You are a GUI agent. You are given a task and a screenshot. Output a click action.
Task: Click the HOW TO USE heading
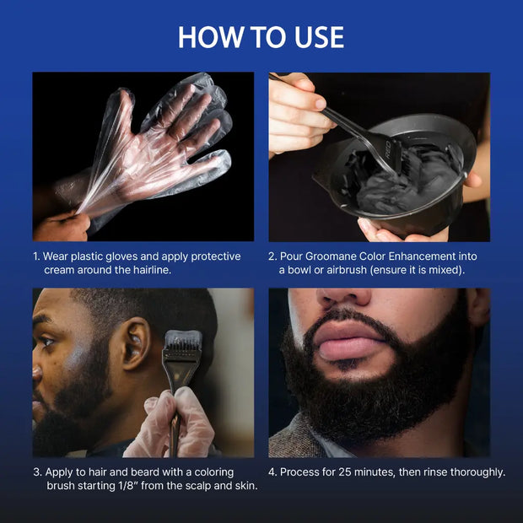(261, 37)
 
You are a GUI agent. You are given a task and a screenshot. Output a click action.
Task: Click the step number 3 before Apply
(36, 472)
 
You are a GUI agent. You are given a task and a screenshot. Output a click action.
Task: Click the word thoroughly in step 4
(477, 472)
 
